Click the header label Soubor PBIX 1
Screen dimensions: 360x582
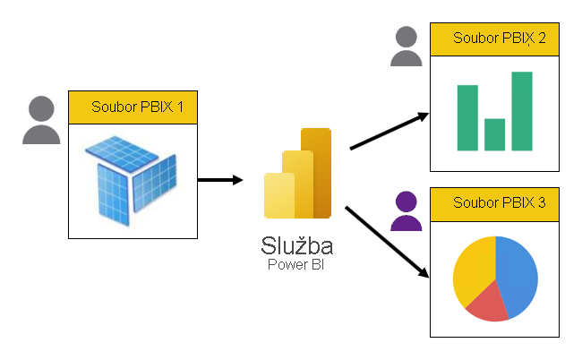[x=133, y=107]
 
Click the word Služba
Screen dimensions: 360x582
[x=297, y=245]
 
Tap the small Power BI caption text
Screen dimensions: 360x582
[x=298, y=265]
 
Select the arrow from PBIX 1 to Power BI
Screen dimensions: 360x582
[x=219, y=180]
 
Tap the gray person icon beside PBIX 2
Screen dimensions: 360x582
[x=407, y=47]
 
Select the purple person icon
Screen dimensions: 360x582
[x=407, y=211]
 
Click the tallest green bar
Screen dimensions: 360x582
[x=522, y=110]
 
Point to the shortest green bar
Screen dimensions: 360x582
[x=494, y=134]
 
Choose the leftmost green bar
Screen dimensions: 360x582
[x=467, y=117]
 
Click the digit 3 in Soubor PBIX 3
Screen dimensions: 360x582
[x=541, y=202]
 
